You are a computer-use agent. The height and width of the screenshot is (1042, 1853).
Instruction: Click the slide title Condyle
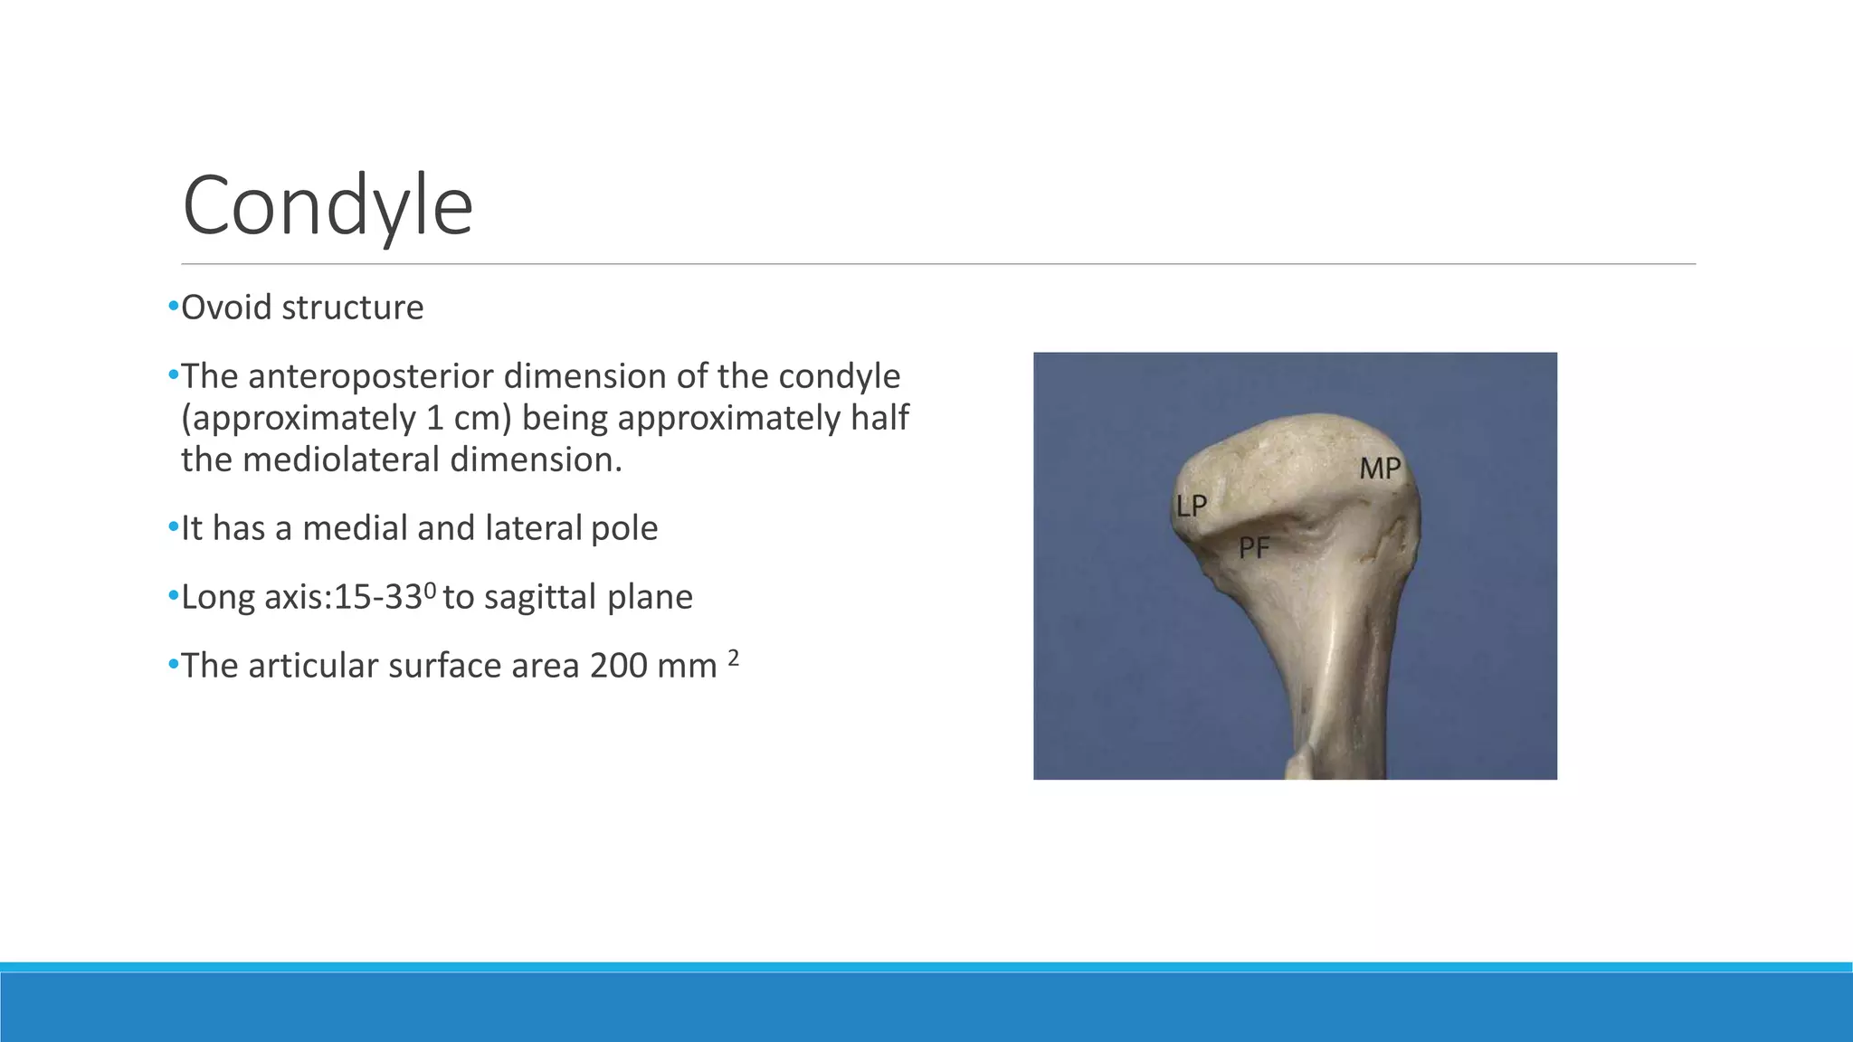328,206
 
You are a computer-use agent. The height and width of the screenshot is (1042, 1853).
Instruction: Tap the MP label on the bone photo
1380,469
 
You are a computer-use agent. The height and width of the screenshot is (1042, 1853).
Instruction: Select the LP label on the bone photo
1191,506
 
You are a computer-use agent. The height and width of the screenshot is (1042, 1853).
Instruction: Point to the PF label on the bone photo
1254,547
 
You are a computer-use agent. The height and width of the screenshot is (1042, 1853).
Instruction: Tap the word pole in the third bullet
624,528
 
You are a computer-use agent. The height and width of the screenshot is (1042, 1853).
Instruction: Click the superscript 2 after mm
734,658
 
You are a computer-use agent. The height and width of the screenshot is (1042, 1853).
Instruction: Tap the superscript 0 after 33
430,590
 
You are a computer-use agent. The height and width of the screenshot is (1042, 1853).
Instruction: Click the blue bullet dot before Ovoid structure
173,307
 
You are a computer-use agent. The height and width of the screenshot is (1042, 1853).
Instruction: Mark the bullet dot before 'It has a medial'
173,527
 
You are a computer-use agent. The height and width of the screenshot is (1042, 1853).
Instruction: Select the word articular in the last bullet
313,666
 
